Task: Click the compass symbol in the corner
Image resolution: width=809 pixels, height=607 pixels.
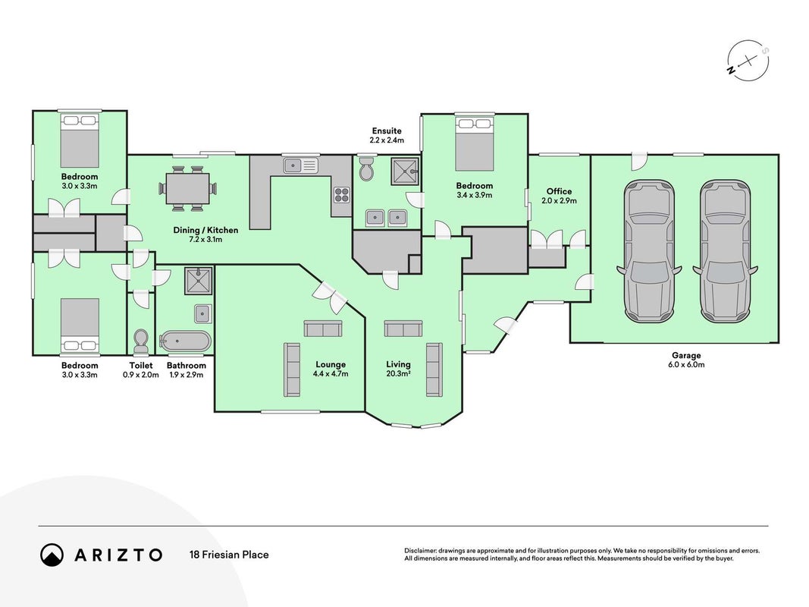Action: (748, 61)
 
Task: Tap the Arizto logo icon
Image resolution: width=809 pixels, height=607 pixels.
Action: (52, 555)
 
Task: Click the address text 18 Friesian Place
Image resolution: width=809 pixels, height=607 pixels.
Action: (229, 555)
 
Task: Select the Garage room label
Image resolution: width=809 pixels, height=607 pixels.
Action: (686, 355)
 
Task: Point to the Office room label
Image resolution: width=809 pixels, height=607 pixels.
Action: (560, 191)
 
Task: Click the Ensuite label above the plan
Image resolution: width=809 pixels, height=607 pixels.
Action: (387, 131)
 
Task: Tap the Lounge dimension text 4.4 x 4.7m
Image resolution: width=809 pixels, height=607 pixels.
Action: (331, 374)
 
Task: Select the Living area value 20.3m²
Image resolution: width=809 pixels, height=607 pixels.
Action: (398, 374)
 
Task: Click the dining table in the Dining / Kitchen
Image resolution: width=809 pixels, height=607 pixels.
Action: (188, 188)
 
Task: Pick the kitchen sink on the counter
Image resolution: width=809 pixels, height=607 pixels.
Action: (299, 165)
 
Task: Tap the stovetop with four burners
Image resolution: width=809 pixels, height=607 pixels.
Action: (341, 194)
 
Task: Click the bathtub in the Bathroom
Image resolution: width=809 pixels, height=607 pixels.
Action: (185, 341)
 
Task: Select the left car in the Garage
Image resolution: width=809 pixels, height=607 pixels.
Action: (649, 251)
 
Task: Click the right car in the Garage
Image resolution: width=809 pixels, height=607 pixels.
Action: (725, 251)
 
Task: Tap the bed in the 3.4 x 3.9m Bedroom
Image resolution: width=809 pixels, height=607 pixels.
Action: (474, 143)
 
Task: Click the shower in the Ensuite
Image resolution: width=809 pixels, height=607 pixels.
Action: (405, 171)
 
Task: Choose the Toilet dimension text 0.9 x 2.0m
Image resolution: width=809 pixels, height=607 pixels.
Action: (141, 375)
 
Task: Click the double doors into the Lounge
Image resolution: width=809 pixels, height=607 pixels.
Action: (331, 297)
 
